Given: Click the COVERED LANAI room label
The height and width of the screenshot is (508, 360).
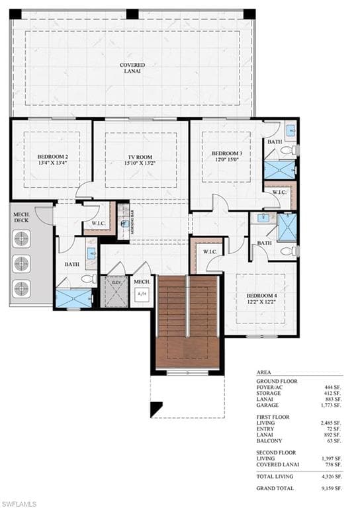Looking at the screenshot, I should tap(132, 69).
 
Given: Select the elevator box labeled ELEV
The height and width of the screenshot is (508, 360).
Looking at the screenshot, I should tap(116, 282).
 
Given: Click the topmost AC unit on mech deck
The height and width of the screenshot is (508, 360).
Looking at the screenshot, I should tap(22, 241).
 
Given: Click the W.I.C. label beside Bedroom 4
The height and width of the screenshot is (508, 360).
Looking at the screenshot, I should tap(210, 252).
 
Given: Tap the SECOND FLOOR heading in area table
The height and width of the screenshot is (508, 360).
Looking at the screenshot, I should tap(277, 452).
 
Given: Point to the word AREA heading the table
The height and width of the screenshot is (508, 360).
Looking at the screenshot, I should tap(263, 373).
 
